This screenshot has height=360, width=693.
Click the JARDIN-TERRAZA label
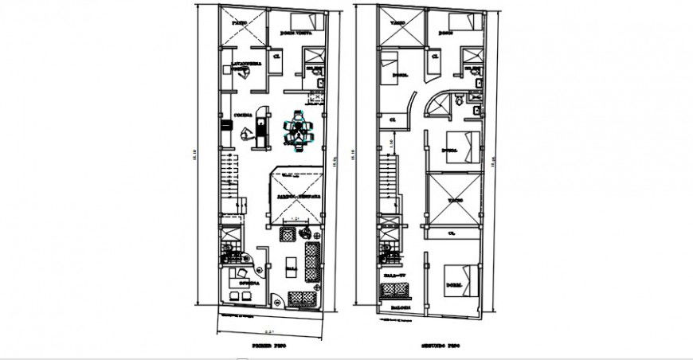[300, 195]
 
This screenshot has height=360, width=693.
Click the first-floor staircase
[229, 179]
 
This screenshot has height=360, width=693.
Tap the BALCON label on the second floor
[400, 307]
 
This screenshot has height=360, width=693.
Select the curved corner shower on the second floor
[440, 104]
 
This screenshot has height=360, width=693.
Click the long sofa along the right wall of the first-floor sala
[311, 261]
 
